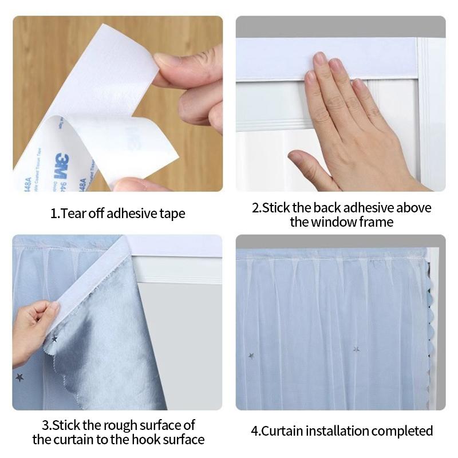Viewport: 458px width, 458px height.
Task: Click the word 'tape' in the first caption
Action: (x=173, y=214)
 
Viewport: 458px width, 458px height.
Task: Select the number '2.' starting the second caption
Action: (x=255, y=207)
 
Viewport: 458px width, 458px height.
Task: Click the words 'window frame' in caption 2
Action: (x=341, y=222)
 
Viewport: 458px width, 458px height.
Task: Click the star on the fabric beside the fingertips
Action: (x=56, y=339)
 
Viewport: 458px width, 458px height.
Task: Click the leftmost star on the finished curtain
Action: (x=251, y=356)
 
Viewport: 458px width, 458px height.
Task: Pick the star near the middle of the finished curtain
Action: (x=356, y=349)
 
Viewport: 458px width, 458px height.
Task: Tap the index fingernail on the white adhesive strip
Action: (x=320, y=58)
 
